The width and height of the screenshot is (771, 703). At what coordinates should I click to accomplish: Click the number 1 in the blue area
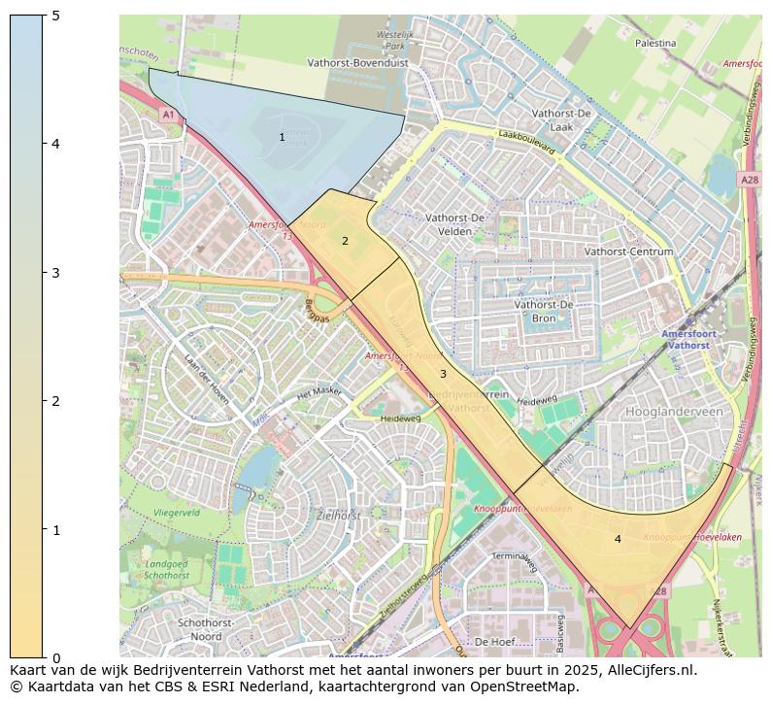pyautogui.click(x=283, y=138)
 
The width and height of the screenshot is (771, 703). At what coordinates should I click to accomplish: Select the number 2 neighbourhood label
pyautogui.click(x=345, y=241)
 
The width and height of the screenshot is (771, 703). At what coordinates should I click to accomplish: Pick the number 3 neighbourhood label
pyautogui.click(x=443, y=374)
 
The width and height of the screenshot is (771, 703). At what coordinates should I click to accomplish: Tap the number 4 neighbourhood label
pyautogui.click(x=618, y=539)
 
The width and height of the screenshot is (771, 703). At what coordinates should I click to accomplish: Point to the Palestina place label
pyautogui.click(x=655, y=44)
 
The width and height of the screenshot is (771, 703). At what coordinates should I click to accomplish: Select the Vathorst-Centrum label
pyautogui.click(x=629, y=251)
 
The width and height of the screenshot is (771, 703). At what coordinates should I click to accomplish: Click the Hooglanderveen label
pyautogui.click(x=675, y=412)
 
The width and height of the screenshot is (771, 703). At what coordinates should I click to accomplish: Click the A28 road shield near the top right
pyautogui.click(x=750, y=180)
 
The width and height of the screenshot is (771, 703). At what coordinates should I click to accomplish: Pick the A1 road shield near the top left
pyautogui.click(x=168, y=115)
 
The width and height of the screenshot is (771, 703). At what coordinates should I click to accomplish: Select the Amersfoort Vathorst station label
pyautogui.click(x=689, y=340)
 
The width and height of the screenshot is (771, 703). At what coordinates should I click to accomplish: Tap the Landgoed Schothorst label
pyautogui.click(x=167, y=569)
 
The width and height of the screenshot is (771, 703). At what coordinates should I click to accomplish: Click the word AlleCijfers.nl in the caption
pyautogui.click(x=641, y=670)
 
